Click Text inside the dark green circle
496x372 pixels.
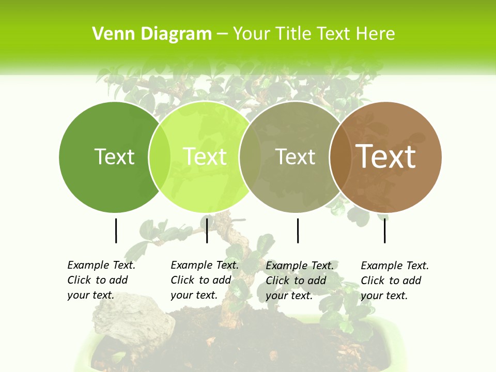(114, 157)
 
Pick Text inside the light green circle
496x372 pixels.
(205, 157)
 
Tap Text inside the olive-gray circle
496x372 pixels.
(295, 157)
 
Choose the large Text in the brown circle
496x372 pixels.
(386, 157)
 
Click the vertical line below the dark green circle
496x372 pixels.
(116, 230)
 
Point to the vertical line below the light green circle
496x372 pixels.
(207, 230)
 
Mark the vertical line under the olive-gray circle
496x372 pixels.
(298, 230)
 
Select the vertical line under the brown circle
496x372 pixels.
(385, 230)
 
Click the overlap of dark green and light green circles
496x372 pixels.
(160, 157)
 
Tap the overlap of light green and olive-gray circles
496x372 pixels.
(250, 157)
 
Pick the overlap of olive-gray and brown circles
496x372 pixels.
(340, 157)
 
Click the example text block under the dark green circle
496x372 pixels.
(101, 280)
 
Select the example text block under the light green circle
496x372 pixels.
(204, 280)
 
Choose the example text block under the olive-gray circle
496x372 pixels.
(299, 280)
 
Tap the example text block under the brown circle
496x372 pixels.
(394, 280)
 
